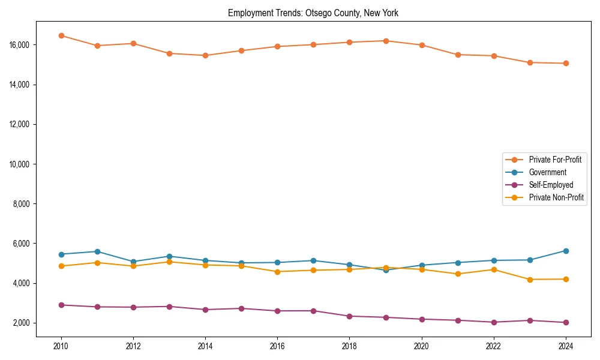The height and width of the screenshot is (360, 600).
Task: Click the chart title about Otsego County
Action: pyautogui.click(x=313, y=13)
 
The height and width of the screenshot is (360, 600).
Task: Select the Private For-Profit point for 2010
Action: pyautogui.click(x=61, y=35)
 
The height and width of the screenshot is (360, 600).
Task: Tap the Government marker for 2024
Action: pyautogui.click(x=566, y=251)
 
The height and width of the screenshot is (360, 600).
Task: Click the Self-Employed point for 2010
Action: pyautogui.click(x=61, y=305)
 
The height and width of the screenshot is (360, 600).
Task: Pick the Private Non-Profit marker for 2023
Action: pyautogui.click(x=530, y=280)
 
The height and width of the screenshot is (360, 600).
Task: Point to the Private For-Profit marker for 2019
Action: pyautogui.click(x=386, y=41)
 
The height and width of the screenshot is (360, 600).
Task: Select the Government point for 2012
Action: pyautogui.click(x=133, y=262)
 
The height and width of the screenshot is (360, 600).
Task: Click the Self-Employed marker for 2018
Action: pyautogui.click(x=350, y=316)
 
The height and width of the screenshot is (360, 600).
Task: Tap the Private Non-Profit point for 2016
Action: pyautogui.click(x=277, y=272)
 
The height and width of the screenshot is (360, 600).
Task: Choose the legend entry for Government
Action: pyautogui.click(x=547, y=172)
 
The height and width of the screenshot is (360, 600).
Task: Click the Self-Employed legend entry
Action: pyautogui.click(x=551, y=185)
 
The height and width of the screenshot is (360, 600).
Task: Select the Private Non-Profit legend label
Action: pyautogui.click(x=556, y=197)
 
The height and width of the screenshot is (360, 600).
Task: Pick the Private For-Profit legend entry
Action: pyautogui.click(x=555, y=160)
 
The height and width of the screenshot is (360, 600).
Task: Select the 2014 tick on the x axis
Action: pyautogui.click(x=205, y=346)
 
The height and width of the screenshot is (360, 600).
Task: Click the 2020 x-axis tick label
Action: pyautogui.click(x=422, y=346)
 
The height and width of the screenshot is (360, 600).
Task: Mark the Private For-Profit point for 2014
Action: pyautogui.click(x=205, y=55)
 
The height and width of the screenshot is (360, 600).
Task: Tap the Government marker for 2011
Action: pyautogui.click(x=97, y=251)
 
